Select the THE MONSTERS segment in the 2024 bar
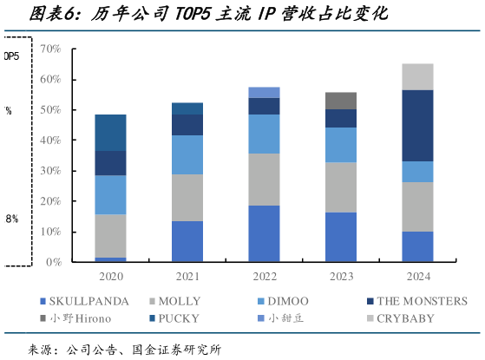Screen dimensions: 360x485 417,126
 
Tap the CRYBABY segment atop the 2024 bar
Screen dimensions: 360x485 417,76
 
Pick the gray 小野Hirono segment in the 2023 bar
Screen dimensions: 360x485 340,101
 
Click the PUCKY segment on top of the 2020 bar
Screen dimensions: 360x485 110,133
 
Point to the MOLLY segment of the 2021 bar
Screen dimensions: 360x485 187,198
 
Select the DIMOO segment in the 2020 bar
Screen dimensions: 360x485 110,195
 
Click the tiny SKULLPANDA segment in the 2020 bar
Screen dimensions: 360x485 110,259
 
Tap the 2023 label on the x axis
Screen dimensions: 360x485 340,278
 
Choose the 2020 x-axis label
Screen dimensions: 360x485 110,278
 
